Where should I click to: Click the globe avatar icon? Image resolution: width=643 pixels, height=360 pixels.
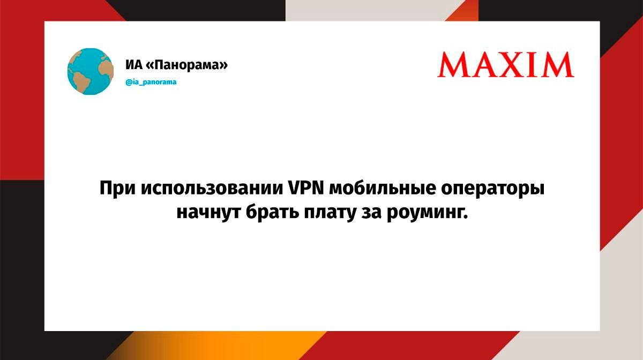91,71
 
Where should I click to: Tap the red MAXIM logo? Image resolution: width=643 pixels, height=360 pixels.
505,65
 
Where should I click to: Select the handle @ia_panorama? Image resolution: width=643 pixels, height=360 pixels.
151,82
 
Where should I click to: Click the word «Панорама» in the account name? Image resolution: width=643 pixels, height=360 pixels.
187,65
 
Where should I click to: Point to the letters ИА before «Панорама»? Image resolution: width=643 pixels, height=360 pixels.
134,65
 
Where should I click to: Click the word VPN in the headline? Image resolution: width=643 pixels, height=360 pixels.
306,189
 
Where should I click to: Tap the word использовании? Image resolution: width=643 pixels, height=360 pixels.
212,189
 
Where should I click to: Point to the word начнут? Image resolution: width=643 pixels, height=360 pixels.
208,213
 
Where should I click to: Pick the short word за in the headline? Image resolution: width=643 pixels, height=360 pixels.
371,213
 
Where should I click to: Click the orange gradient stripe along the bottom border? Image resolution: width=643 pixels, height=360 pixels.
218,346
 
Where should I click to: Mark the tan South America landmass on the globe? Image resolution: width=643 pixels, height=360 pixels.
80,81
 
